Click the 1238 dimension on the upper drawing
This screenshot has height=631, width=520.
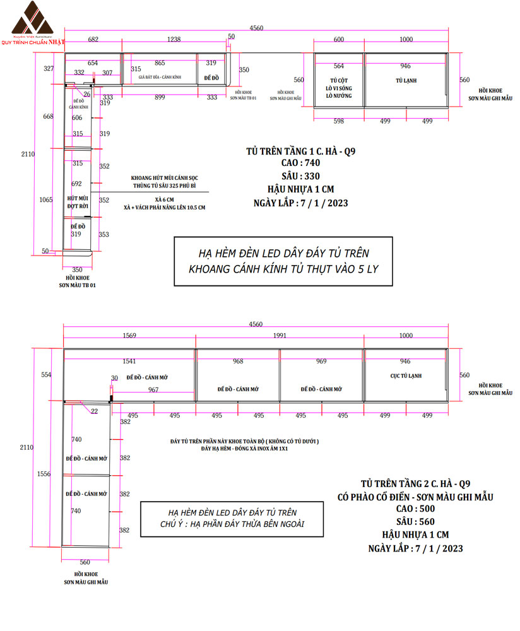pos(174,40)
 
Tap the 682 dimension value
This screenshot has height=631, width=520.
pos(93,40)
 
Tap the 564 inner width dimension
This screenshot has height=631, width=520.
pos(339,66)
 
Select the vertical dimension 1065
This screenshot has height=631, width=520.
pos(45,199)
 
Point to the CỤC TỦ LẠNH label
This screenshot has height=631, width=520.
pos(406,376)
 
